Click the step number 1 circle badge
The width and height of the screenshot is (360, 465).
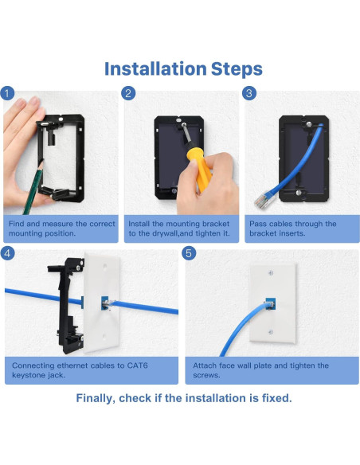click(x=8, y=93)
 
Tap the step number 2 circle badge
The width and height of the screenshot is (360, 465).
click(x=128, y=93)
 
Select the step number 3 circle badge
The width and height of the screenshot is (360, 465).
click(x=249, y=93)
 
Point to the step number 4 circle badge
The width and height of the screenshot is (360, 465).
click(x=8, y=254)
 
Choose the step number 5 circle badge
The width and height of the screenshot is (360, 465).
click(x=190, y=254)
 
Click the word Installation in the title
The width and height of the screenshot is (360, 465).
click(x=157, y=69)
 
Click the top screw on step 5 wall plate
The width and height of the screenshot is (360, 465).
click(x=269, y=272)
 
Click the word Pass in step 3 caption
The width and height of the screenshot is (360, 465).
click(x=257, y=224)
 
